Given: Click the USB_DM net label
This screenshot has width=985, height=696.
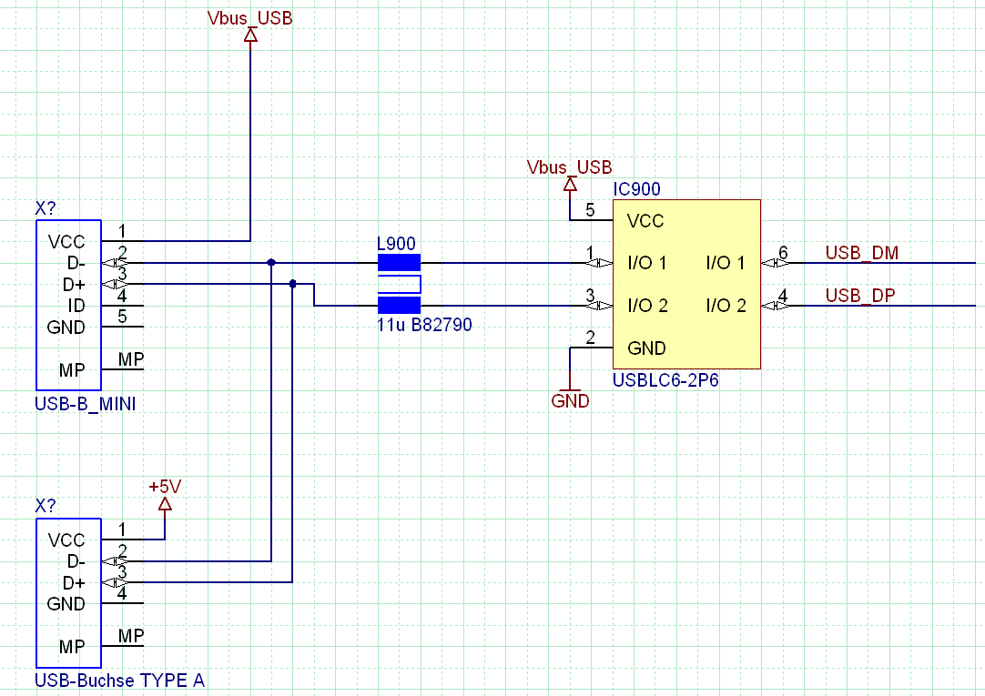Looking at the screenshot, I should [x=861, y=252].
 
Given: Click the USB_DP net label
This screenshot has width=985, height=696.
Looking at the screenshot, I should [x=860, y=295].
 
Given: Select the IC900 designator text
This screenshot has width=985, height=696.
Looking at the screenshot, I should [x=636, y=189].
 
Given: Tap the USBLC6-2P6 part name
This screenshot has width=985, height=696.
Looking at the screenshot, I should [x=666, y=379].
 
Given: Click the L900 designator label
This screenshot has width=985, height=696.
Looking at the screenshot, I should [x=396, y=244].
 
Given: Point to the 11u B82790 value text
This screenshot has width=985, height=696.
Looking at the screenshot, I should [x=424, y=324].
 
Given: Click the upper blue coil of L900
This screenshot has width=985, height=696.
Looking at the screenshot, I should [x=399, y=263].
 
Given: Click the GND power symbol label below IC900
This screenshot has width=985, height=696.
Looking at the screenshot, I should [x=570, y=401].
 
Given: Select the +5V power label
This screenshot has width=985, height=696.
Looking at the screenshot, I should [x=165, y=487].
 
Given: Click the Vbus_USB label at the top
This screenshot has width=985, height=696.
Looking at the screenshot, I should [x=250, y=18].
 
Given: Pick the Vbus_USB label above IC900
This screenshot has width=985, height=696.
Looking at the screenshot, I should [x=570, y=167].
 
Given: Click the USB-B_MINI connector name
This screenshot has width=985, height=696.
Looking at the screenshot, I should [x=86, y=404].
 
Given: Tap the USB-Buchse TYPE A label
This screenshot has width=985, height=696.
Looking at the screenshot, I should [x=119, y=680].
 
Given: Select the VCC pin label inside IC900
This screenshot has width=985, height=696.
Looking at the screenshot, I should [x=645, y=220].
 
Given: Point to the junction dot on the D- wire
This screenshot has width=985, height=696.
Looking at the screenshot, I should [x=271, y=262].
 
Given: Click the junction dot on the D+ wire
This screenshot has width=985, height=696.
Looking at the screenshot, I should [x=292, y=284].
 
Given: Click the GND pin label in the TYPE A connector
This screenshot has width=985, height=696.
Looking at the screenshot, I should [x=66, y=604].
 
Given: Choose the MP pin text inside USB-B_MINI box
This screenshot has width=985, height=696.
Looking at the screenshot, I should [x=72, y=370].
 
